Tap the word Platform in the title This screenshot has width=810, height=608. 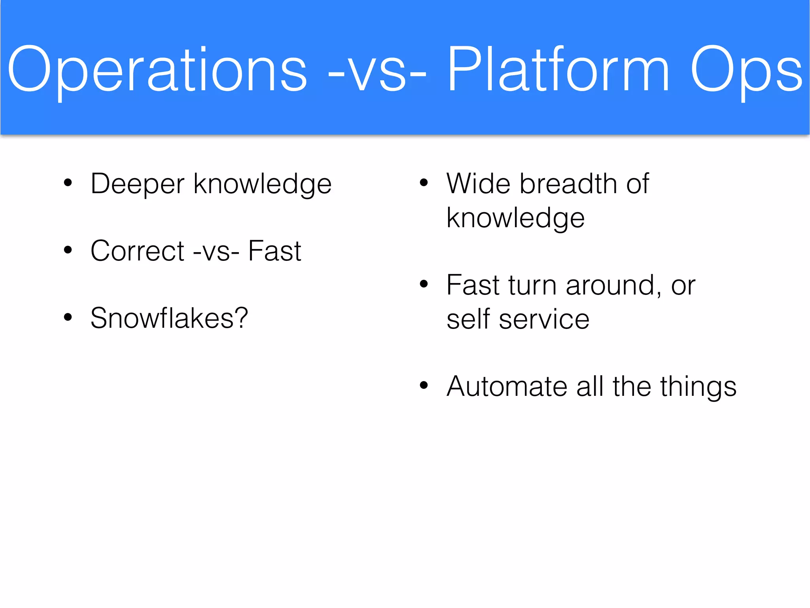(558, 69)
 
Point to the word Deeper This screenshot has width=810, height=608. (137, 184)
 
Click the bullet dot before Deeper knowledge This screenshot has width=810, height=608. (68, 183)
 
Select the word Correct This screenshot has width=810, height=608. (137, 251)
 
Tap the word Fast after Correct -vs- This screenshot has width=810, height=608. (274, 251)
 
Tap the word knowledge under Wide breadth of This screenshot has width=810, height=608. (515, 218)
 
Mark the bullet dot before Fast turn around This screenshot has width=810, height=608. (424, 284)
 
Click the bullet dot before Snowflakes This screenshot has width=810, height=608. (68, 317)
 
